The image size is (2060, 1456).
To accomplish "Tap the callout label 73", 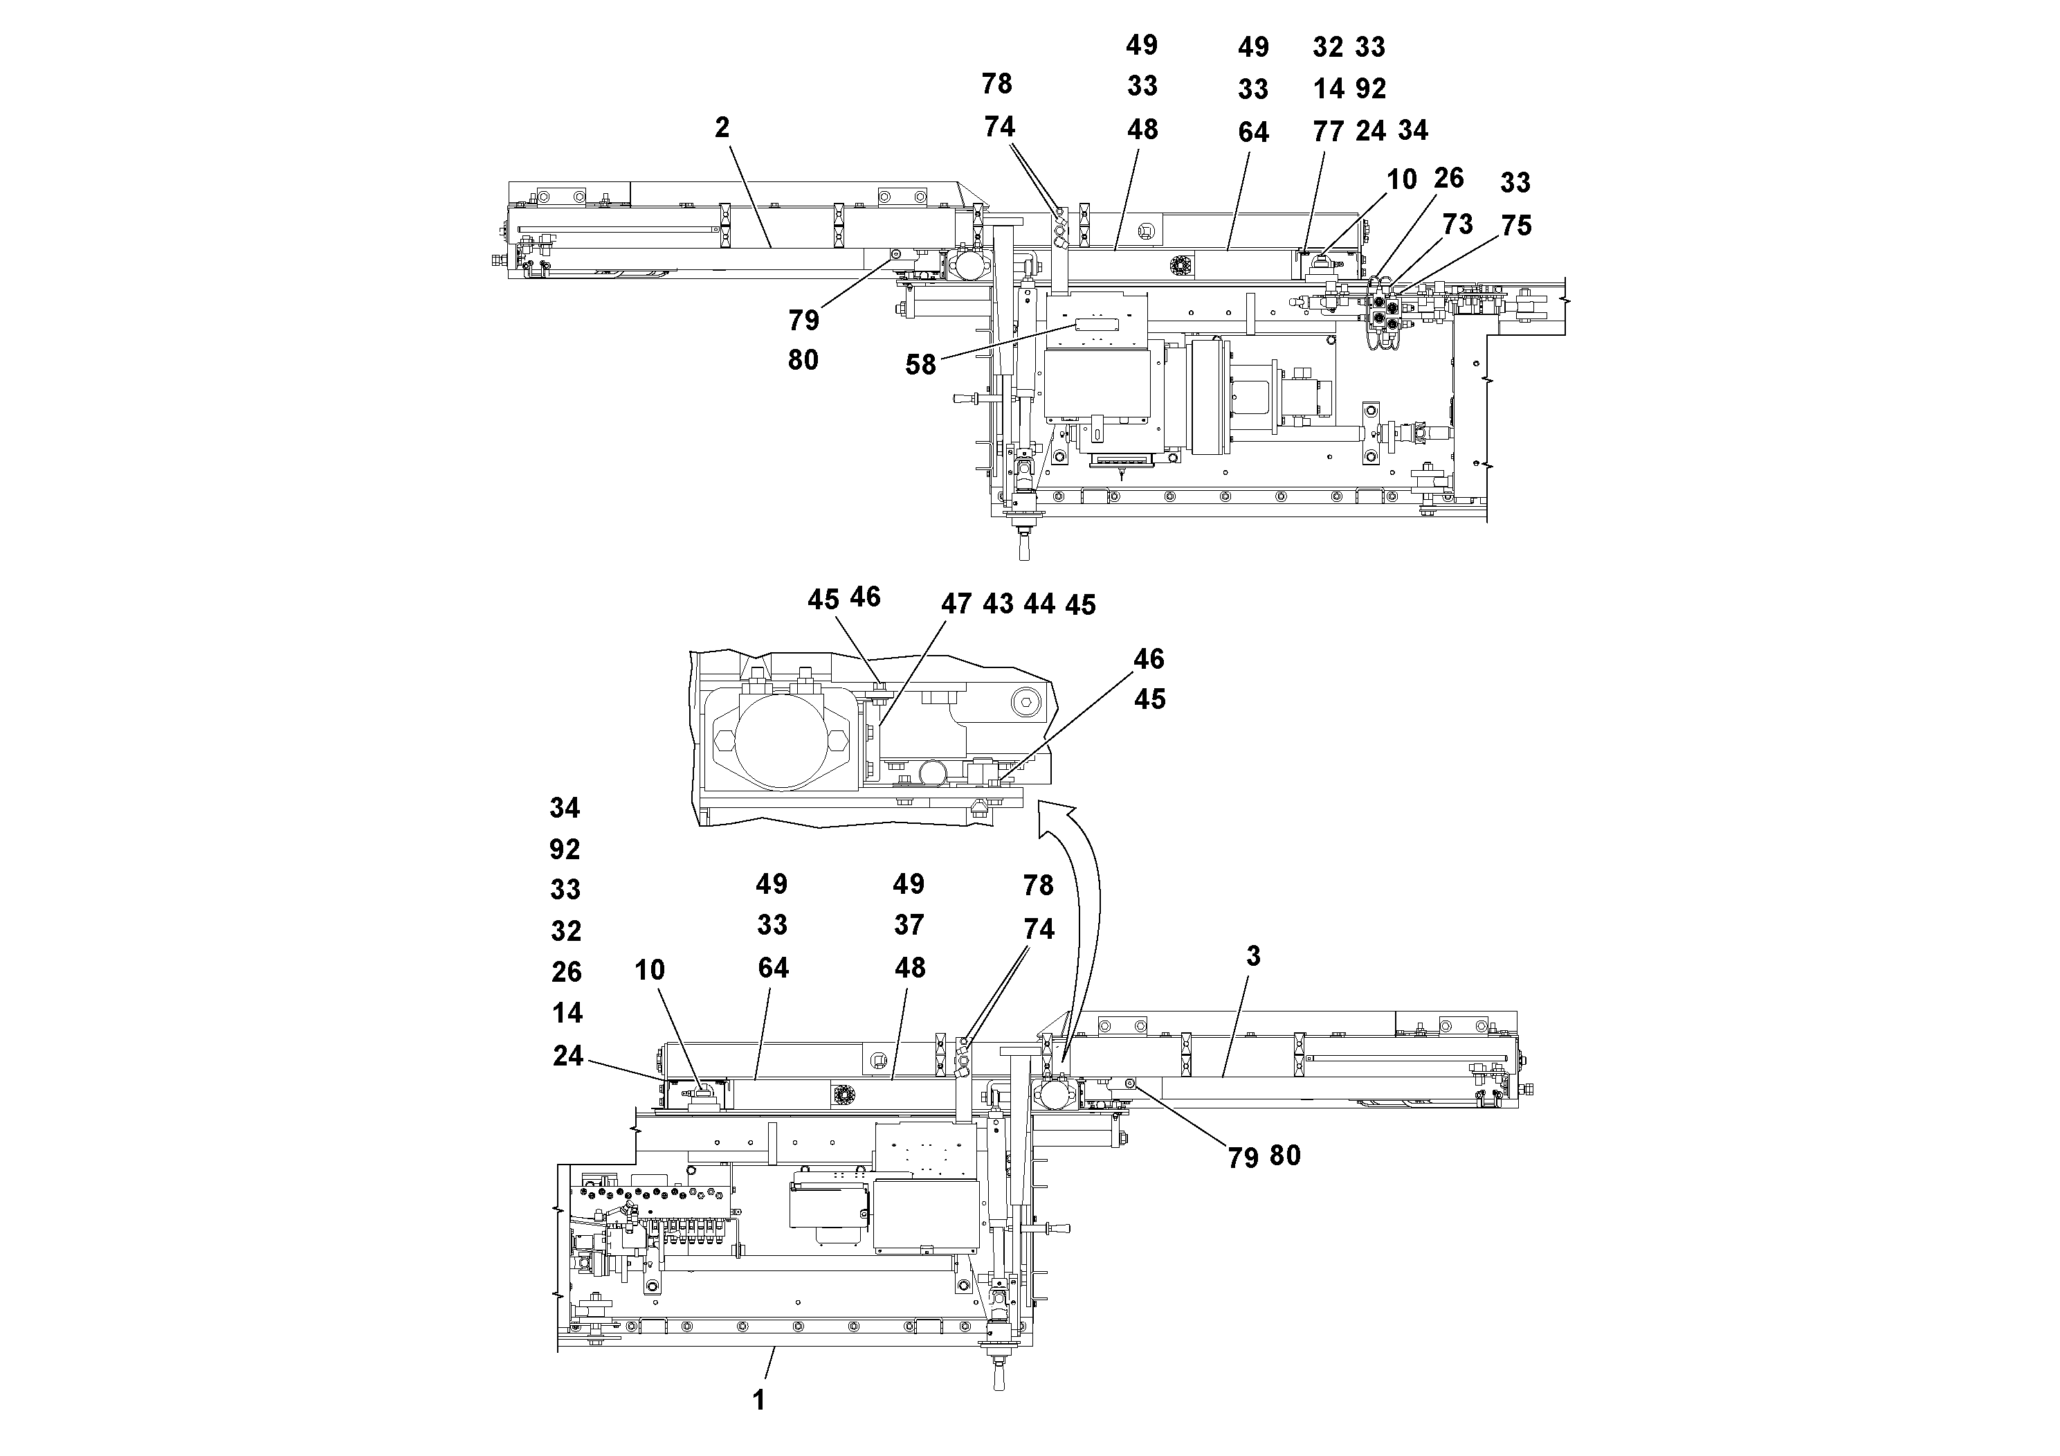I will [x=1457, y=224].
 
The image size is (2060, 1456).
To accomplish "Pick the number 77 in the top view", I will [x=1328, y=132].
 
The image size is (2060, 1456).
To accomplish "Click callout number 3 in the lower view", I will [x=1253, y=957].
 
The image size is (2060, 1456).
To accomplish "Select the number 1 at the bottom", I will [x=759, y=1401].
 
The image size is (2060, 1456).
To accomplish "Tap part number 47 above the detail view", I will [x=956, y=604].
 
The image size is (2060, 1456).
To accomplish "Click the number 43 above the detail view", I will [x=998, y=604].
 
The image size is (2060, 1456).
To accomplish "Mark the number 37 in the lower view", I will [x=909, y=924].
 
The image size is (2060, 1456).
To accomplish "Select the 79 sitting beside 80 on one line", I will [x=1243, y=1159].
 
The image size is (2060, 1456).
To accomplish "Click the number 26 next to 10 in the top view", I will [x=1448, y=178].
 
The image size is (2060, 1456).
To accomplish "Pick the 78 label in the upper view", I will [x=997, y=84].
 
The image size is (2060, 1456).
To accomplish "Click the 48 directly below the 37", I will [x=910, y=968].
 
